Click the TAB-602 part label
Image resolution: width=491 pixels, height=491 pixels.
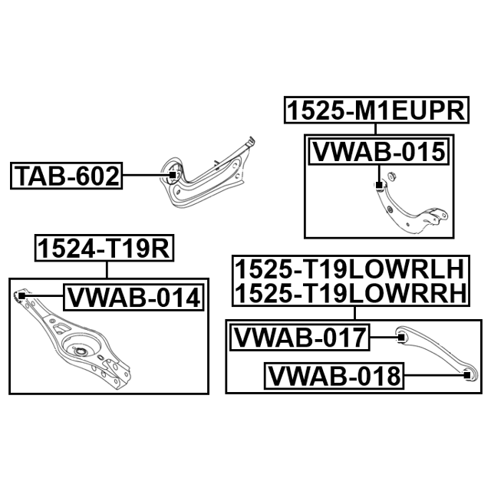pos(67,176)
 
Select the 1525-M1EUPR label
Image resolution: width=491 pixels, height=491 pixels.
pos(377,110)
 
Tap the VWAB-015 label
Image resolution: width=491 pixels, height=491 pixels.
pos(379,152)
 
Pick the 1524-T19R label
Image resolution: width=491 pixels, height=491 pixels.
pos(104,248)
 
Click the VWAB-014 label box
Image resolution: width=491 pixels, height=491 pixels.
pos(133,297)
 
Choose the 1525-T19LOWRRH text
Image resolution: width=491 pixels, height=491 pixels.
pos(351,293)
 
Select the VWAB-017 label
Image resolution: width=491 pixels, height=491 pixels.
pos(300,338)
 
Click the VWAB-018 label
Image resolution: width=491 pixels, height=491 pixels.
pos(334,376)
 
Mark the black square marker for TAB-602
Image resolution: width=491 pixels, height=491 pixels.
pos(173,175)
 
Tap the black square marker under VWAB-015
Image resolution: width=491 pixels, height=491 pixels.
pos(379,185)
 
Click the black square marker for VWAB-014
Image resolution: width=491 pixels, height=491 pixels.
pos(21,295)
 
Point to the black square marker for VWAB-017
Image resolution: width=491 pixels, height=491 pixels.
pos(400,338)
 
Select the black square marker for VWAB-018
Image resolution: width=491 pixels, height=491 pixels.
pos(466,375)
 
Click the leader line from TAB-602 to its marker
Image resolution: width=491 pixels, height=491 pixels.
pos(146,176)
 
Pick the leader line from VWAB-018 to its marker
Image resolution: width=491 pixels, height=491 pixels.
pos(433,375)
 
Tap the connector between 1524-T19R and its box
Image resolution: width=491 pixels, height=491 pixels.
pos(107,269)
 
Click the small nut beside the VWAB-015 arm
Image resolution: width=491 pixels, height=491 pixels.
pos(391,176)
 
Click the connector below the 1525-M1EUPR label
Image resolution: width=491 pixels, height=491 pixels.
pos(376,129)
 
